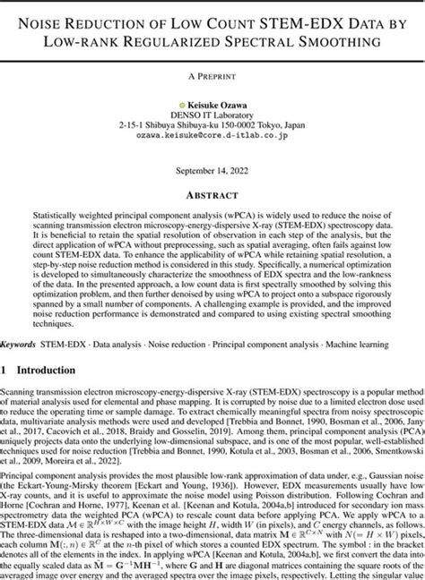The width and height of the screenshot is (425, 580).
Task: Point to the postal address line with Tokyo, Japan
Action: tap(212, 127)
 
